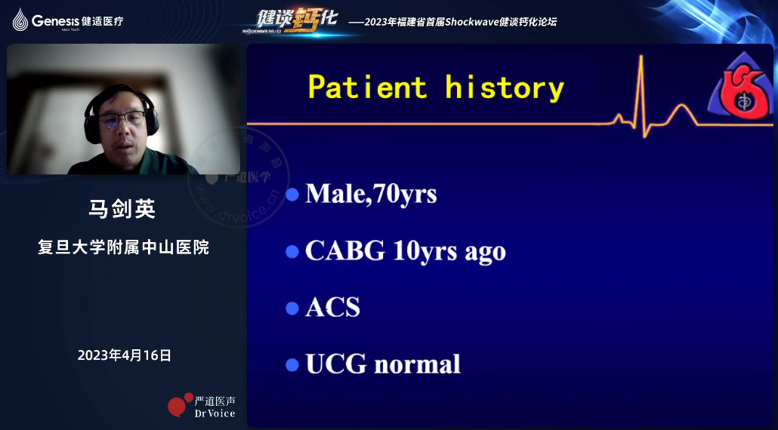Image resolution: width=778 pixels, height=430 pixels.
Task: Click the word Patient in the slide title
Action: tap(368, 88)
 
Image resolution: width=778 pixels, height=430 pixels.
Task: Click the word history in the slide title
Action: tap(505, 88)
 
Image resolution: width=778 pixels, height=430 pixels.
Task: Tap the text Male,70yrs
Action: tap(371, 194)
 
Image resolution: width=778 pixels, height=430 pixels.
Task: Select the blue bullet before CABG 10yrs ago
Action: tap(292, 252)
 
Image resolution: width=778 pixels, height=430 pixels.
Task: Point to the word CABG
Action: tap(345, 251)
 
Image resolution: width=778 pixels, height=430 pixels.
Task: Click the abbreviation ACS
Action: tap(332, 308)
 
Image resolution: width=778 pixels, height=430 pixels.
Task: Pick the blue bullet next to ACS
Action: tap(292, 309)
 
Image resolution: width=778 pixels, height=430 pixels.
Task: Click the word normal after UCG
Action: tap(417, 364)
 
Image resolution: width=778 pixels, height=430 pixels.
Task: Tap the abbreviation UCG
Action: tap(336, 364)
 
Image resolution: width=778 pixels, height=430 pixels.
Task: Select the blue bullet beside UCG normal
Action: tap(292, 365)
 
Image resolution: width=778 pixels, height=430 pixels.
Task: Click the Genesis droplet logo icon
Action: tap(20, 20)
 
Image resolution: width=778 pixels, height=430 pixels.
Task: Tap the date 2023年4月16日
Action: tap(124, 355)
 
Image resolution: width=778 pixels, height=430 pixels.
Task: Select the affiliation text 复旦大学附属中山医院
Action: tap(124, 247)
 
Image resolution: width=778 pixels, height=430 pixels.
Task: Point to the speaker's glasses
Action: tap(122, 118)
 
